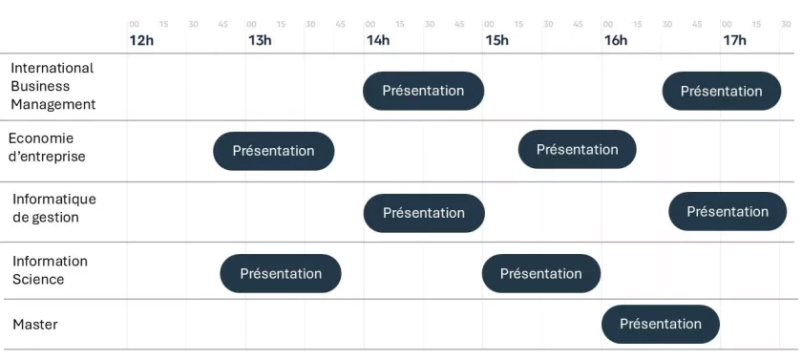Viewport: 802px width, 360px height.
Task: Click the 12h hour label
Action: [141, 40]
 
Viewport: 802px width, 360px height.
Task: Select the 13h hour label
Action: [260, 40]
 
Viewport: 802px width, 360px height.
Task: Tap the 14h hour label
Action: [377, 40]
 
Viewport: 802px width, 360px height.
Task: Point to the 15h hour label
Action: [496, 40]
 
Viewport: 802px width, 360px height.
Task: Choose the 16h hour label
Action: [615, 40]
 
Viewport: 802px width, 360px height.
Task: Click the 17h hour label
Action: [734, 40]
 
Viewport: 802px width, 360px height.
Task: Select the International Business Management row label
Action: [53, 86]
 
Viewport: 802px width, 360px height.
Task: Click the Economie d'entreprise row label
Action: [47, 147]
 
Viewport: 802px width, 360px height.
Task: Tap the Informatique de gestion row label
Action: [54, 207]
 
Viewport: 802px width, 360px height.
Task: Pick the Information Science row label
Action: [50, 270]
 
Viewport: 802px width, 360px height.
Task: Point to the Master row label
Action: [35, 325]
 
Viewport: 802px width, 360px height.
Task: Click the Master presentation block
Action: [661, 325]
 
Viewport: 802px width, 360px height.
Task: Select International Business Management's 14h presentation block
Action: [424, 91]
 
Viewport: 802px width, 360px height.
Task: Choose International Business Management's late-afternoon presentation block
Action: [722, 91]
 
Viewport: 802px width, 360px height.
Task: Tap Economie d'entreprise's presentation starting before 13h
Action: [274, 151]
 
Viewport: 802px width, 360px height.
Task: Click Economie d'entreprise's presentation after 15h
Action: [578, 149]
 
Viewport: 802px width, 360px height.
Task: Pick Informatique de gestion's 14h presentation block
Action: [424, 213]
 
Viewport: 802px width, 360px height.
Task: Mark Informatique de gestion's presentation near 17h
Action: [728, 212]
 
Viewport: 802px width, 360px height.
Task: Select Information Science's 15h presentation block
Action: [541, 273]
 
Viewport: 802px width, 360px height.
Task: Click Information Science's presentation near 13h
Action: [281, 273]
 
